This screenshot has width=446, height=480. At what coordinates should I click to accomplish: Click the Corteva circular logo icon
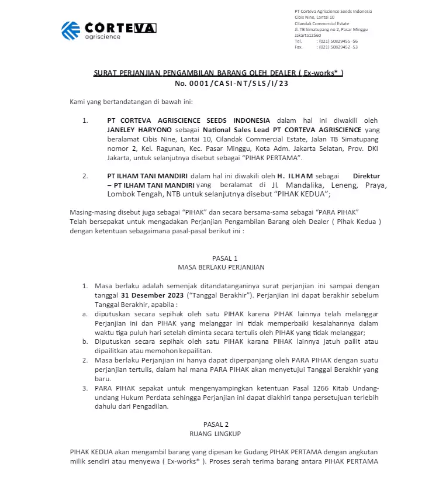[71, 30]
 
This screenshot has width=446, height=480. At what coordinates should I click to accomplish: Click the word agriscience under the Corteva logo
[102, 37]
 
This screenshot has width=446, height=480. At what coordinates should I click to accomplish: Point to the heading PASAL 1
[221, 258]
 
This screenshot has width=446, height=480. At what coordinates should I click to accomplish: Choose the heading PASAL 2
[221, 424]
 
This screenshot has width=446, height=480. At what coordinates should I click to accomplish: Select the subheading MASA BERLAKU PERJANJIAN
[221, 267]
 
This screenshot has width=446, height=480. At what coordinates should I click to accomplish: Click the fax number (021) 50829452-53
[338, 47]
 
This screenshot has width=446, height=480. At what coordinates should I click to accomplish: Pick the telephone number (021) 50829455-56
[338, 41]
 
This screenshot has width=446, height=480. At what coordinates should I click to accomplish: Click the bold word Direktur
[367, 175]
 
